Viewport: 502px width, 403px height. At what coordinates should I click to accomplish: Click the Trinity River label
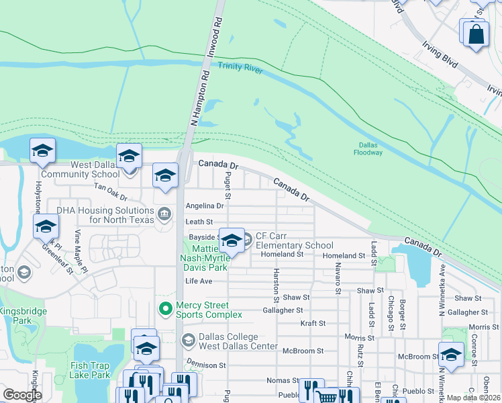(240, 68)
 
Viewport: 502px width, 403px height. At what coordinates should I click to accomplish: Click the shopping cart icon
(327, 396)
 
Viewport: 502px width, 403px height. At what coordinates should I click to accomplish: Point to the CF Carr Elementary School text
(294, 245)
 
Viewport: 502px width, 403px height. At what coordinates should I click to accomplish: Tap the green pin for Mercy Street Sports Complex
(164, 309)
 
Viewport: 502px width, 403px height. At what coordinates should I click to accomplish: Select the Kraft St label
(313, 323)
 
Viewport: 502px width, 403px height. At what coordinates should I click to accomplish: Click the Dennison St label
(206, 365)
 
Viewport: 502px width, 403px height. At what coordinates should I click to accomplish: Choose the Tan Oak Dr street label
(110, 195)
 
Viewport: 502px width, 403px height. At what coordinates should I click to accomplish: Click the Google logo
(22, 395)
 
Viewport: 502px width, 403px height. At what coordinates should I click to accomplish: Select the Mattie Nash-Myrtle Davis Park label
(205, 258)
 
